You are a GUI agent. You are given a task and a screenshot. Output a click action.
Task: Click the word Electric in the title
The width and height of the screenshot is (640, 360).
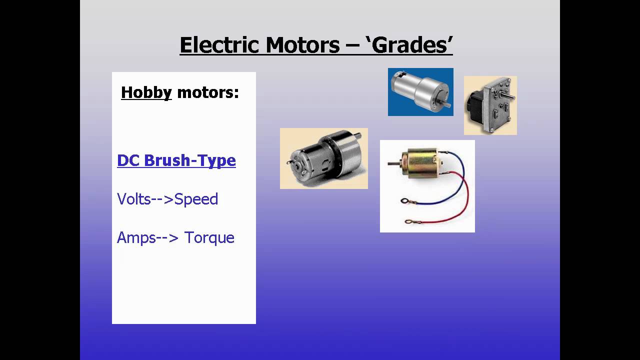220,45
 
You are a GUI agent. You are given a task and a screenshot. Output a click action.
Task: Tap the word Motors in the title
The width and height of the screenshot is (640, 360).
302,45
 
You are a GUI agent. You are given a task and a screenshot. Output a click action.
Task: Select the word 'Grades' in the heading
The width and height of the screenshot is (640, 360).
412,45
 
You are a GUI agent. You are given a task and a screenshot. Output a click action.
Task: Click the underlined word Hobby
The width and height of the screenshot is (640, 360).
146,92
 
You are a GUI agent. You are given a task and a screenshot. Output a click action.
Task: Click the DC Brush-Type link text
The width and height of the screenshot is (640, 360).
176,160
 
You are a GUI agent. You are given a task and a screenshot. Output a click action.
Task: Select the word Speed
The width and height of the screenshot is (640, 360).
196,199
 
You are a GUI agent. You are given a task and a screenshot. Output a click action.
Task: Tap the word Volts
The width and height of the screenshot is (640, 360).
134,199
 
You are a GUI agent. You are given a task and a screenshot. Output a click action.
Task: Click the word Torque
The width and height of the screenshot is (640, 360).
209,237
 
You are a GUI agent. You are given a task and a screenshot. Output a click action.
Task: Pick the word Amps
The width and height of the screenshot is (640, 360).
136,237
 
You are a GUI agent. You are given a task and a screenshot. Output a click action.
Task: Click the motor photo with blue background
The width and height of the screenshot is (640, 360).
420,92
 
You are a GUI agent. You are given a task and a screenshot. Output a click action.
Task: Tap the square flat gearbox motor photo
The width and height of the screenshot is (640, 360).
490,105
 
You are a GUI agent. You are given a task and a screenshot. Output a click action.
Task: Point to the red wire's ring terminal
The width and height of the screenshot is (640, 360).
409,221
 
